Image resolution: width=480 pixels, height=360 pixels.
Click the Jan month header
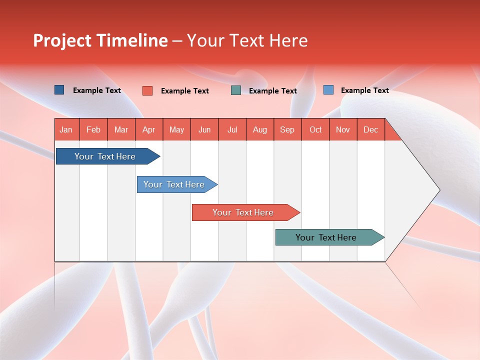click(66, 129)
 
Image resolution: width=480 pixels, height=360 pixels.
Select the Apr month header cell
click(149, 129)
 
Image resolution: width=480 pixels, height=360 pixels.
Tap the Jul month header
click(232, 129)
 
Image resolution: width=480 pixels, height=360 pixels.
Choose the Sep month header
click(287, 129)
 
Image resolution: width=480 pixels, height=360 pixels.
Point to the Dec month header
click(370, 129)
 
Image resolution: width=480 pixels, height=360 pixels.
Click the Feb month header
click(93, 129)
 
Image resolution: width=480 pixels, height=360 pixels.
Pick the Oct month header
click(315, 129)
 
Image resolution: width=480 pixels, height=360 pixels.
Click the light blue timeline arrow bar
click(175, 184)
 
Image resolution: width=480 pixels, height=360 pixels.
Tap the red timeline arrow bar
click(243, 212)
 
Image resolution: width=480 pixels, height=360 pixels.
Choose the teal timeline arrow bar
click(327, 237)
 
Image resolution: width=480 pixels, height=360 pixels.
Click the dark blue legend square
click(59, 90)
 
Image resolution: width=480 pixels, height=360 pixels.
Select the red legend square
click(147, 90)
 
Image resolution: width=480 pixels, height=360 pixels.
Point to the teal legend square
click(236, 90)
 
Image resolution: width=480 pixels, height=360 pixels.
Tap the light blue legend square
click(328, 89)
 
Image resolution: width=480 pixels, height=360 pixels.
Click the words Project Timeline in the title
click(100, 40)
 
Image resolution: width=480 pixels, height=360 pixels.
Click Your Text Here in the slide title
click(247, 40)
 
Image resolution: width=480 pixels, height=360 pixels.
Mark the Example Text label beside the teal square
click(272, 91)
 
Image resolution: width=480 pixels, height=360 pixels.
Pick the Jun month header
click(204, 129)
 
